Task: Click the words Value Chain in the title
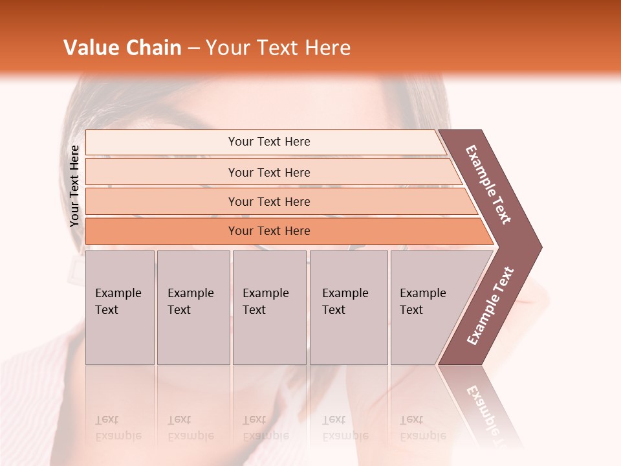(122, 48)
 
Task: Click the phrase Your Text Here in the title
(278, 48)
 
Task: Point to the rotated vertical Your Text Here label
(74, 186)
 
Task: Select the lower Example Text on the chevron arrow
(490, 306)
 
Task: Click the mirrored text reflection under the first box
(118, 428)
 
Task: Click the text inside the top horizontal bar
(269, 142)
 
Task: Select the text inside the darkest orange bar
(269, 231)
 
